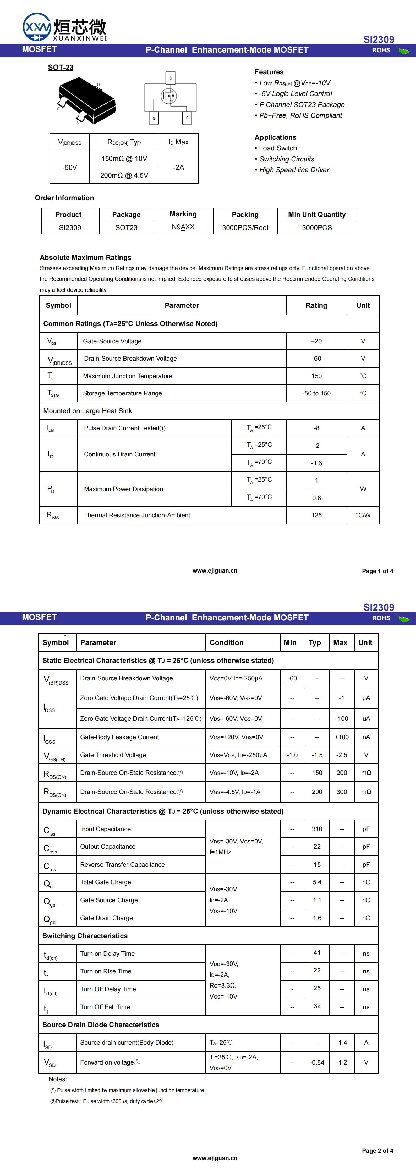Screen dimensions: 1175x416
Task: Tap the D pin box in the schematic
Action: [x=170, y=78]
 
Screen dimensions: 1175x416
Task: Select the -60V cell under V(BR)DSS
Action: [x=69, y=167]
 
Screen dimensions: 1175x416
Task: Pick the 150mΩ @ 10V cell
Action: [x=124, y=159]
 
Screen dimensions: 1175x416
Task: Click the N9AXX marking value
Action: [x=183, y=227]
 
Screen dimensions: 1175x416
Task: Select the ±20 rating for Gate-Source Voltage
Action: [x=316, y=341]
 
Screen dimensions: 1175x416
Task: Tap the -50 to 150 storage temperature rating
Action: [x=316, y=393]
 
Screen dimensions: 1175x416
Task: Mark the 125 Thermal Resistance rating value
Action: [x=316, y=516]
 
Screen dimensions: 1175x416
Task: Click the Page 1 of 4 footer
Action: [x=377, y=571]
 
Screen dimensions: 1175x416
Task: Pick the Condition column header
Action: [x=227, y=643]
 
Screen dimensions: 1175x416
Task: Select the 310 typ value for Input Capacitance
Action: [x=317, y=829]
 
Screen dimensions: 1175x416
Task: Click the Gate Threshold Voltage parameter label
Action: [x=113, y=755]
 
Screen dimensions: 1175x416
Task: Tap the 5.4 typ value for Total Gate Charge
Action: [x=317, y=882]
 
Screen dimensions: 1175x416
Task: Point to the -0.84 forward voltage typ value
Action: [x=317, y=1062]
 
